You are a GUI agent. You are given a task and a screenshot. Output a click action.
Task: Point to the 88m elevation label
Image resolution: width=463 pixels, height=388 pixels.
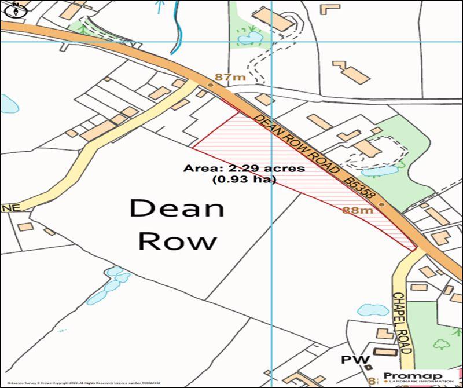[357, 210]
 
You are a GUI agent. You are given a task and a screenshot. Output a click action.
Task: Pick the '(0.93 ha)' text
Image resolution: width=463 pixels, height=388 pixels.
[244, 180]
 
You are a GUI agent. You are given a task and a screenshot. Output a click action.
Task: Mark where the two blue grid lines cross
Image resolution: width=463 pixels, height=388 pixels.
[272, 42]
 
